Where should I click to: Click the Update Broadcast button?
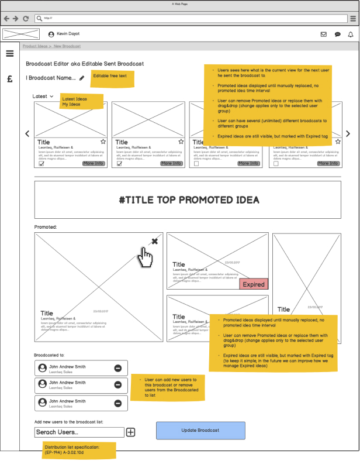(200, 430)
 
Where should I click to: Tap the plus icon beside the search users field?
(131, 432)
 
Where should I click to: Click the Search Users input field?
(79, 432)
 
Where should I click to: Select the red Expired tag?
(254, 284)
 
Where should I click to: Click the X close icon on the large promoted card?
(154, 241)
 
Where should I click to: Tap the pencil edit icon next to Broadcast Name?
(82, 78)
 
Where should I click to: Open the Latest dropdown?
(43, 97)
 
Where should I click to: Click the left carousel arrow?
(27, 134)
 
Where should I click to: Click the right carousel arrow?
(348, 134)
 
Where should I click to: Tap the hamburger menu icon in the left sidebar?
(10, 54)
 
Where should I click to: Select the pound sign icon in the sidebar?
(10, 79)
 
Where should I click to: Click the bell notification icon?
(351, 35)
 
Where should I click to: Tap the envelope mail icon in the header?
(324, 35)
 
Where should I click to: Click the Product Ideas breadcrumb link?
(34, 46)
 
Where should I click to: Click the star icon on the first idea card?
(103, 142)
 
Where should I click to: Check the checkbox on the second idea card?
(119, 164)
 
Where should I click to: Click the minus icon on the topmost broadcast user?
(118, 369)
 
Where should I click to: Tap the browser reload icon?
(26, 19)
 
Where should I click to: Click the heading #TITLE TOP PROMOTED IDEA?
(188, 200)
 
